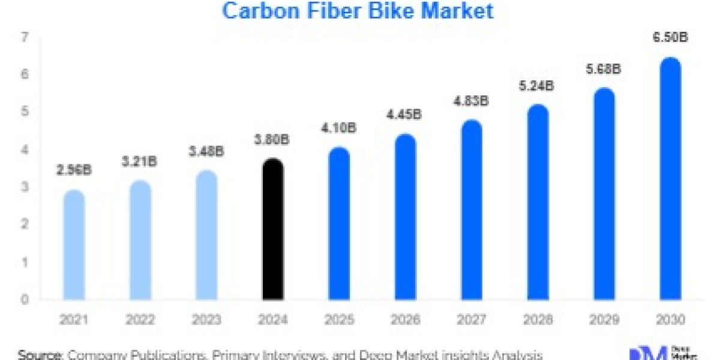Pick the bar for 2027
pyautogui.click(x=472, y=209)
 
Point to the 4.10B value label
pyautogui.click(x=340, y=128)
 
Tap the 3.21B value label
pyautogui.click(x=140, y=161)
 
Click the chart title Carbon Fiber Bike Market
pyautogui.click(x=358, y=11)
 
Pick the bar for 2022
pyautogui.click(x=140, y=239)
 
